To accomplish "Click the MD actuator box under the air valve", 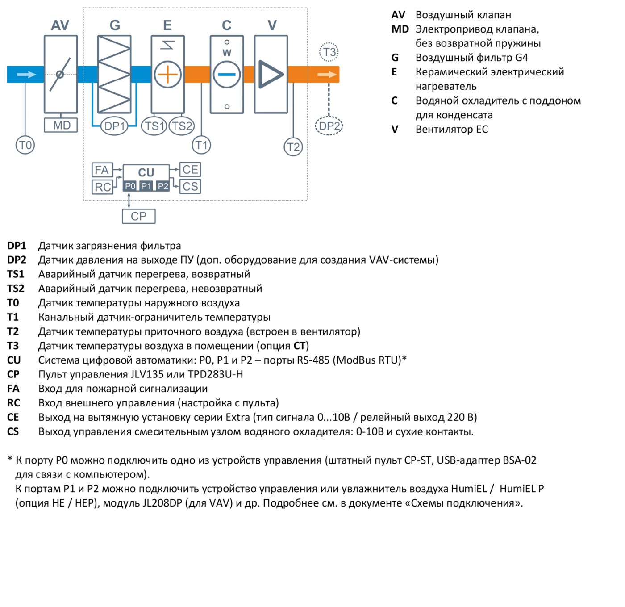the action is pyautogui.click(x=61, y=126).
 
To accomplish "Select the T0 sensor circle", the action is pyautogui.click(x=25, y=145).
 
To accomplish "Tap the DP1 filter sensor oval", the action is pyautogui.click(x=114, y=126).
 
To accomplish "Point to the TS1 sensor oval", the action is pyautogui.click(x=154, y=126).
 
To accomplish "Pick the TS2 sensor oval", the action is pyautogui.click(x=181, y=126).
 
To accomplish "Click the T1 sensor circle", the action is pyautogui.click(x=201, y=145).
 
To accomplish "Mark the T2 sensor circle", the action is pyautogui.click(x=293, y=147).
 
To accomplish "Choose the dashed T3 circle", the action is pyautogui.click(x=329, y=52).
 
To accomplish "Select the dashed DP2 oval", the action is pyautogui.click(x=329, y=126).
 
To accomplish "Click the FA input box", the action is pyautogui.click(x=102, y=170).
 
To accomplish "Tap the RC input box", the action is pyautogui.click(x=102, y=187).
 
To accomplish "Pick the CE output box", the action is pyautogui.click(x=190, y=169).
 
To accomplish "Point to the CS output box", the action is pyautogui.click(x=190, y=186).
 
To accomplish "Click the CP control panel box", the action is pyautogui.click(x=139, y=216).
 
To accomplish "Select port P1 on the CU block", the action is pyautogui.click(x=146, y=186).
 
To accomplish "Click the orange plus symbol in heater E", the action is pyautogui.click(x=168, y=75).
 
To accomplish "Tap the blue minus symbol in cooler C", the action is pyautogui.click(x=227, y=75).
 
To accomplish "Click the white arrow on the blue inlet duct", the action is pyautogui.click(x=26, y=75).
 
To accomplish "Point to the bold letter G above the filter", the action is pyautogui.click(x=115, y=25).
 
